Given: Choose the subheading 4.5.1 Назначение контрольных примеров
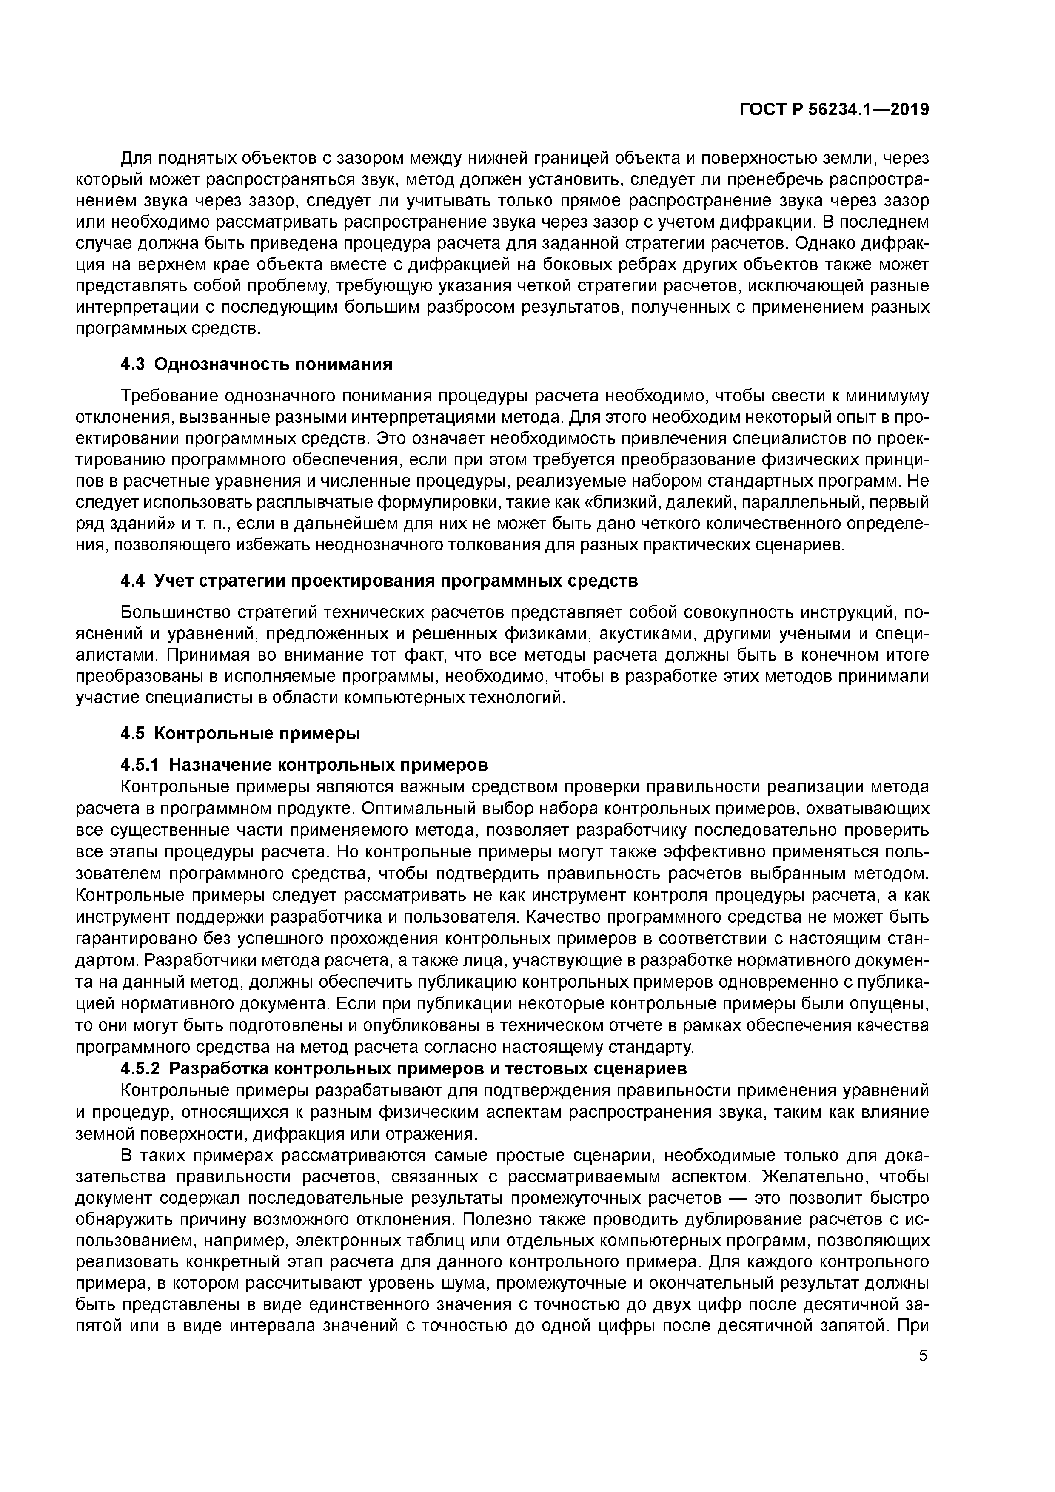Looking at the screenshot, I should click(x=304, y=764).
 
